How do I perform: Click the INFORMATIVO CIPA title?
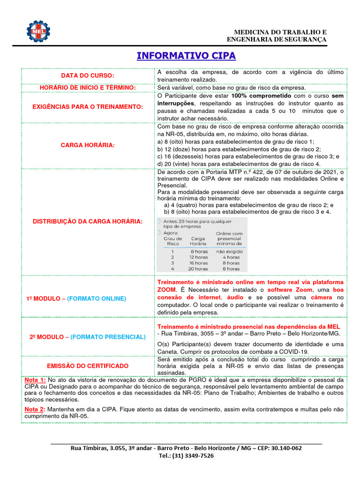click(186, 56)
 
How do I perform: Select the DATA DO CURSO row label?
click(88, 76)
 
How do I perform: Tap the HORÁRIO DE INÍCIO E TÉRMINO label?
click(88, 88)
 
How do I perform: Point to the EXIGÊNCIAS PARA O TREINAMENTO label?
click(88, 107)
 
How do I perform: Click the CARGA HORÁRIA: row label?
click(88, 145)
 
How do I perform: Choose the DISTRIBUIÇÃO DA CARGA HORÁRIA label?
click(88, 221)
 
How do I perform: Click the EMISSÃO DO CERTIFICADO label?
click(88, 366)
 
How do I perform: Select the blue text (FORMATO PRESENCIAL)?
click(108, 337)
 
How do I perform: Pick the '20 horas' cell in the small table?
click(198, 269)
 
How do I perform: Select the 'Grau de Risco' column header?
click(173, 241)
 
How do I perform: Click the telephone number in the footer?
click(186, 456)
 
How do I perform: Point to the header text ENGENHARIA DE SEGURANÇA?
click(277, 40)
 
